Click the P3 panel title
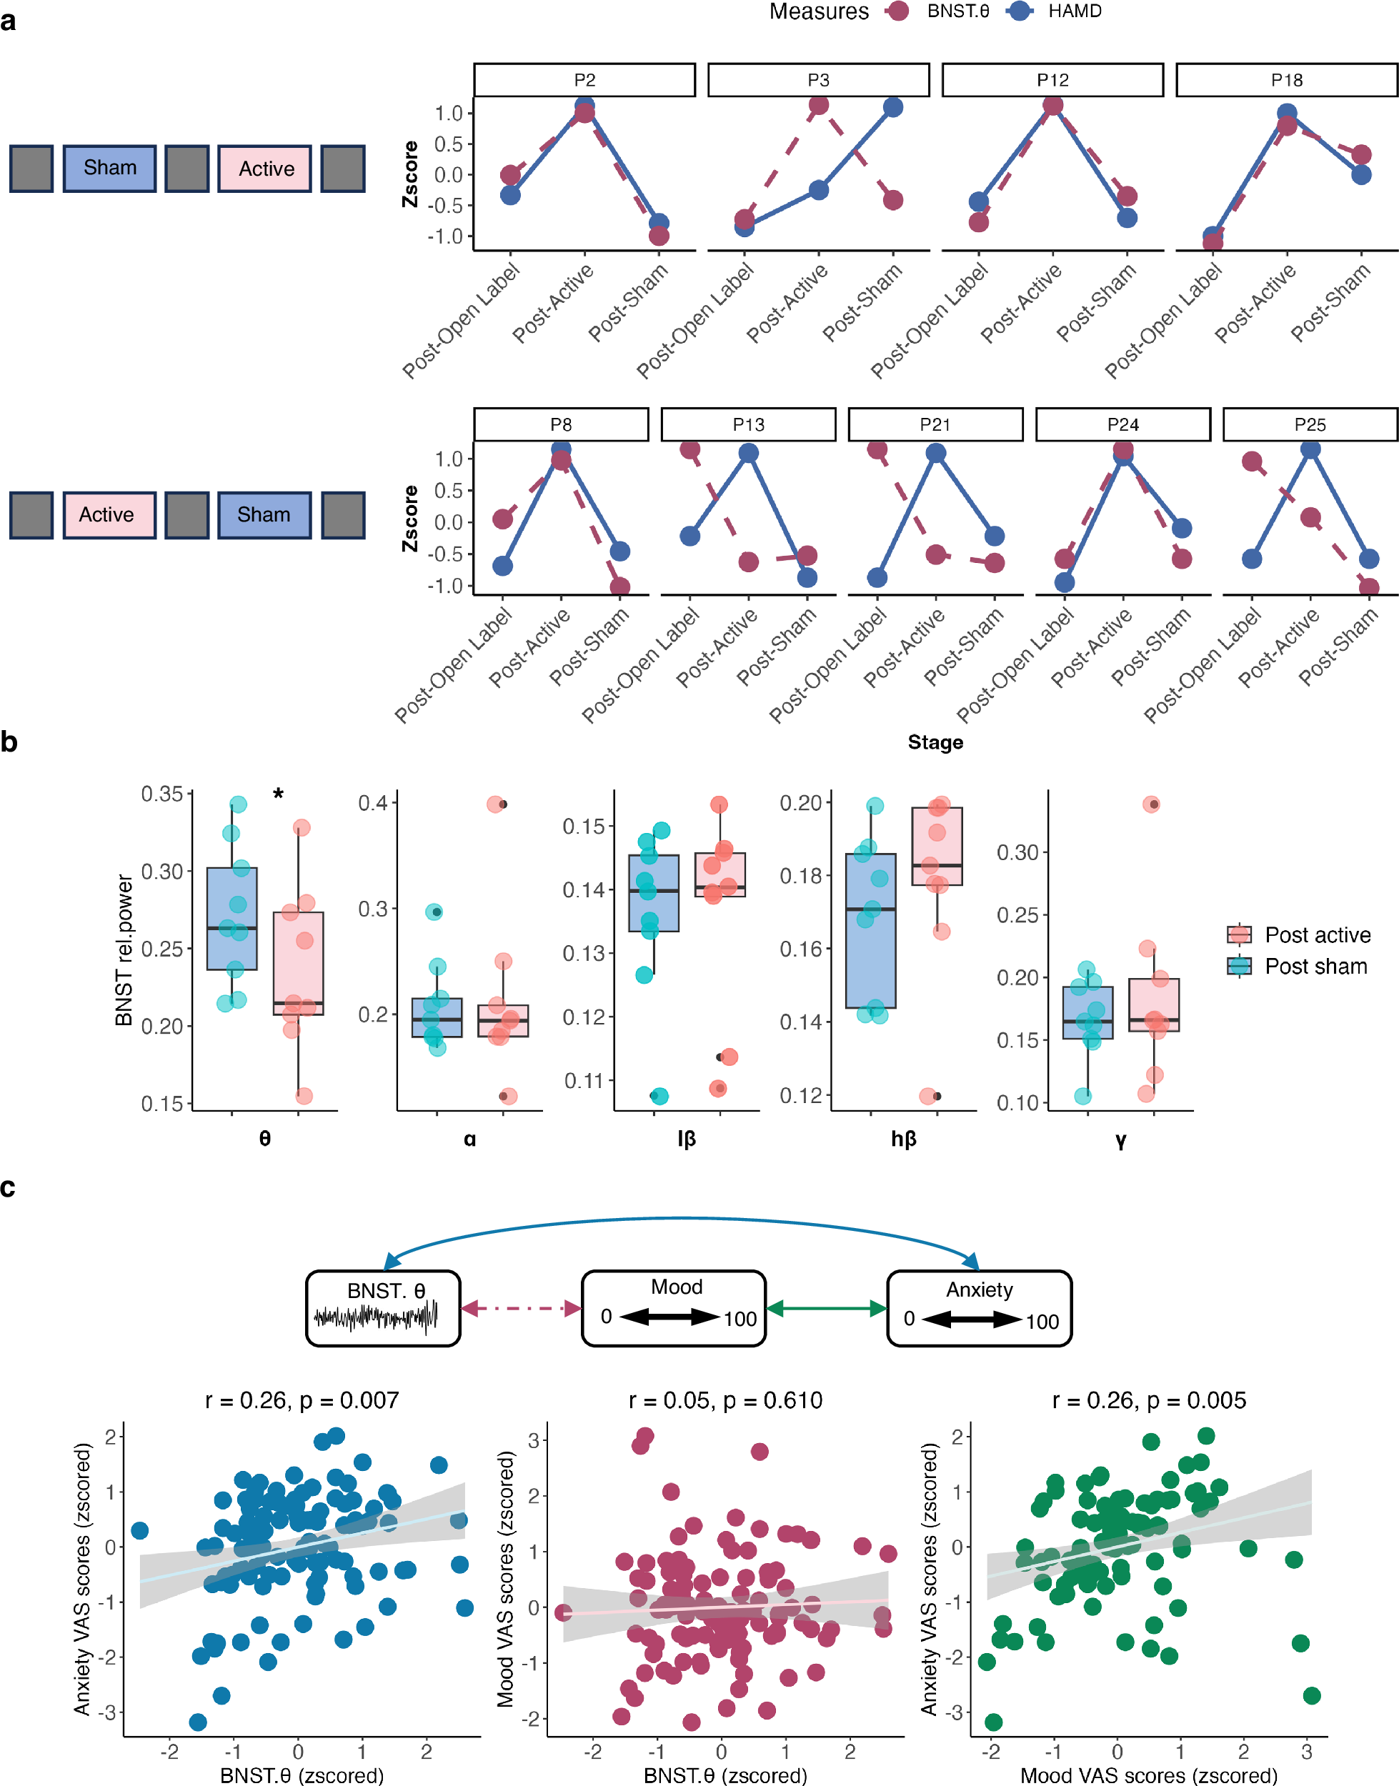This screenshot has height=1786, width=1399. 817,80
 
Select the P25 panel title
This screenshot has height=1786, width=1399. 1309,424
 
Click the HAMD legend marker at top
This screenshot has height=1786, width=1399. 1020,11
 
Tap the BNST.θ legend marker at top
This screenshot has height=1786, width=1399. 899,11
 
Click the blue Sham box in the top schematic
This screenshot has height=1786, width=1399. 110,168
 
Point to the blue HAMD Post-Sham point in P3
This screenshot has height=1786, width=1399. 893,107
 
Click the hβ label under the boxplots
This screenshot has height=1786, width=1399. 902,1138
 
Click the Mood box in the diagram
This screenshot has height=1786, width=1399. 674,1308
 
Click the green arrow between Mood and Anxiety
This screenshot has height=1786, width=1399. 827,1309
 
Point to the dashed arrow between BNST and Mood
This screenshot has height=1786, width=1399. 521,1309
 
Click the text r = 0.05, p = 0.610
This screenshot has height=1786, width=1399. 725,1400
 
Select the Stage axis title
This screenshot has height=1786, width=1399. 935,742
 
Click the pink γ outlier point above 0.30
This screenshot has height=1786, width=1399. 1151,804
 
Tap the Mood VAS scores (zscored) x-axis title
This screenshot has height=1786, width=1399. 1148,1775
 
